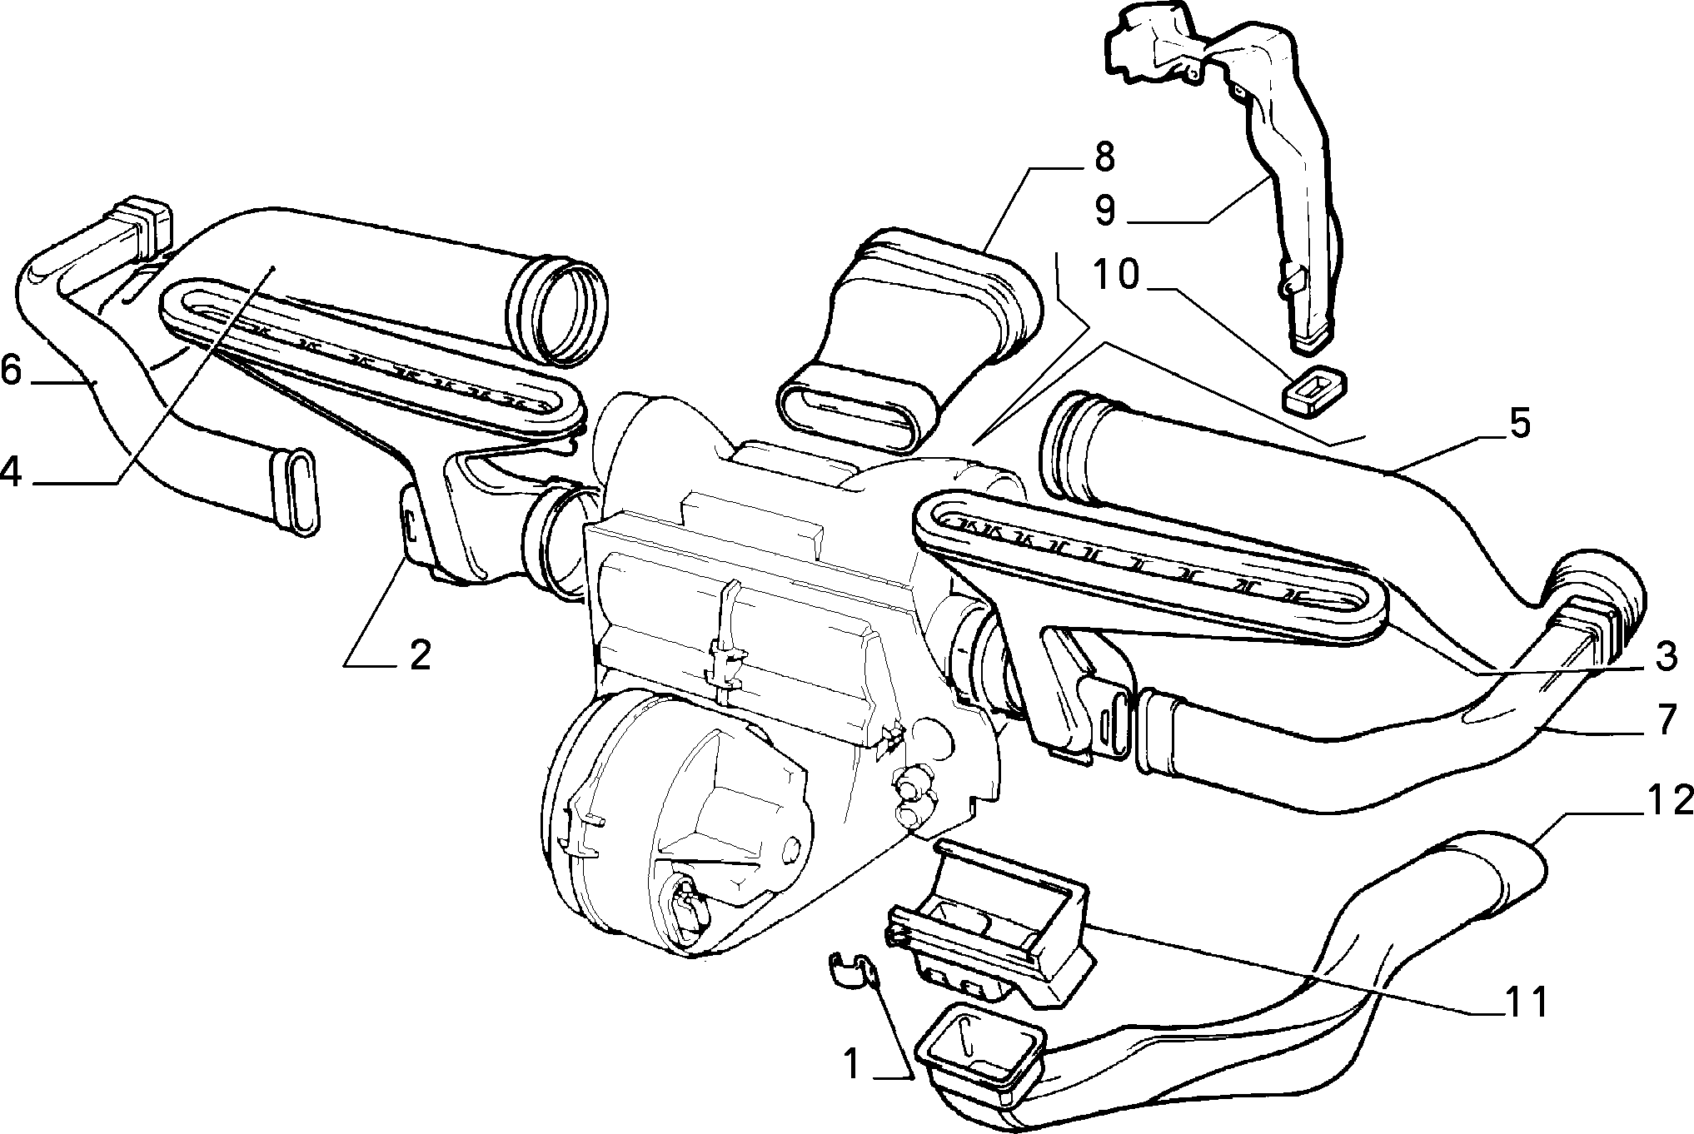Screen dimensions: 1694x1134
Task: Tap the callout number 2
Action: (419, 655)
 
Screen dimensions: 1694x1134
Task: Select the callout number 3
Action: (1665, 658)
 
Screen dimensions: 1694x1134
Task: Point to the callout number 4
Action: (11, 471)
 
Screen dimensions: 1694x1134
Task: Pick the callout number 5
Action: (1519, 424)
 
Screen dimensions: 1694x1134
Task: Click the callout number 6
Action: (11, 370)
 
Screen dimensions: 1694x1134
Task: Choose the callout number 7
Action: (1665, 719)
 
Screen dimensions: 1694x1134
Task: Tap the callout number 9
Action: (1104, 211)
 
